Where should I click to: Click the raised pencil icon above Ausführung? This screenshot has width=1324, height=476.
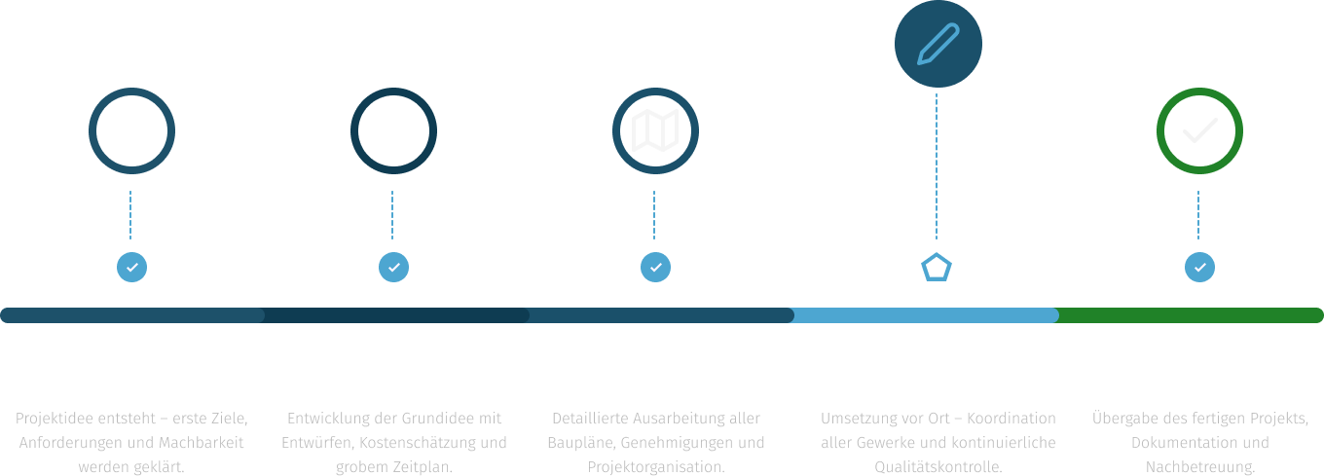tap(938, 44)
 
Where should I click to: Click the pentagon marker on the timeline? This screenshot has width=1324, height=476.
tap(937, 268)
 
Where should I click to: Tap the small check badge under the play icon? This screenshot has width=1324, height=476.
tap(131, 267)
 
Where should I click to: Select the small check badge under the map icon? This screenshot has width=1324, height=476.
tap(655, 267)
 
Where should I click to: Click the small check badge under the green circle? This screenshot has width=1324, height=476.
tap(1199, 267)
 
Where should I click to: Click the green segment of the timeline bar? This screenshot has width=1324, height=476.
tap(1190, 315)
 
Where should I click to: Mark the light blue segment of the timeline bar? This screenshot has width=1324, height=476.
tap(925, 315)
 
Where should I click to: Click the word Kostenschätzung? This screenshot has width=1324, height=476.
tap(402, 443)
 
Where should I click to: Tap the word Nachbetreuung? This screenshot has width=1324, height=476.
tap(1199, 467)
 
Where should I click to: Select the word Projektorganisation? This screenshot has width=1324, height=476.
tap(655, 467)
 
